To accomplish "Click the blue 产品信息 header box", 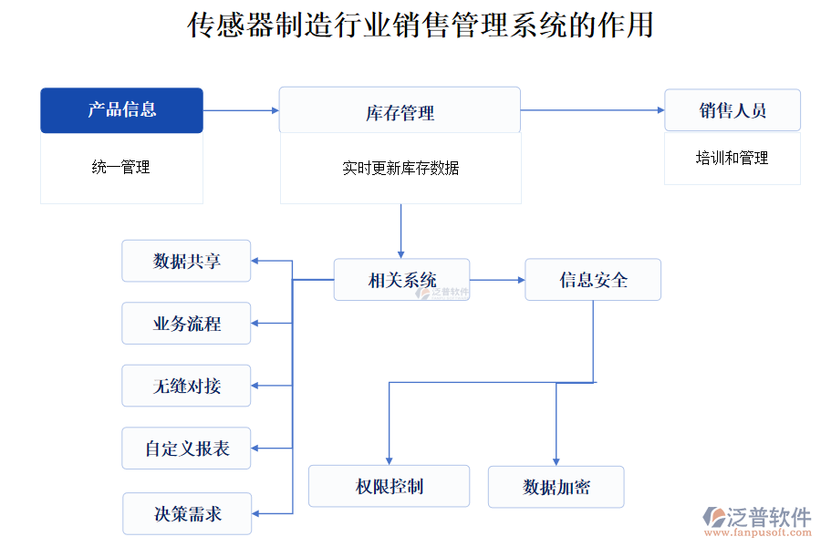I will (x=121, y=110).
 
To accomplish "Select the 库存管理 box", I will (x=400, y=111).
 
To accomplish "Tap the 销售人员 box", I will (x=732, y=110).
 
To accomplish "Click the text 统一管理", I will (x=121, y=168).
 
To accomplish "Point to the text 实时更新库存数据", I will (x=400, y=168).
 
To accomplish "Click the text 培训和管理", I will (x=732, y=159).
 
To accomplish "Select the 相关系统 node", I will (x=401, y=280).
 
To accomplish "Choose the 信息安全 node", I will (x=592, y=280).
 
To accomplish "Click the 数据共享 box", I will (x=186, y=262).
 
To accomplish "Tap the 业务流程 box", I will (x=186, y=324).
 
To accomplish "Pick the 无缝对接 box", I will (x=186, y=386).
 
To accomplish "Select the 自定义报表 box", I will (x=186, y=449).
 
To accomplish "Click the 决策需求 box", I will (x=187, y=513).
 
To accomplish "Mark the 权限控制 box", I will (x=389, y=486).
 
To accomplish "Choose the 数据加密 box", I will (x=556, y=487).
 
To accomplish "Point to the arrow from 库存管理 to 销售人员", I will (x=592, y=110).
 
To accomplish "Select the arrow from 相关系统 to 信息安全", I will (x=497, y=280).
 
